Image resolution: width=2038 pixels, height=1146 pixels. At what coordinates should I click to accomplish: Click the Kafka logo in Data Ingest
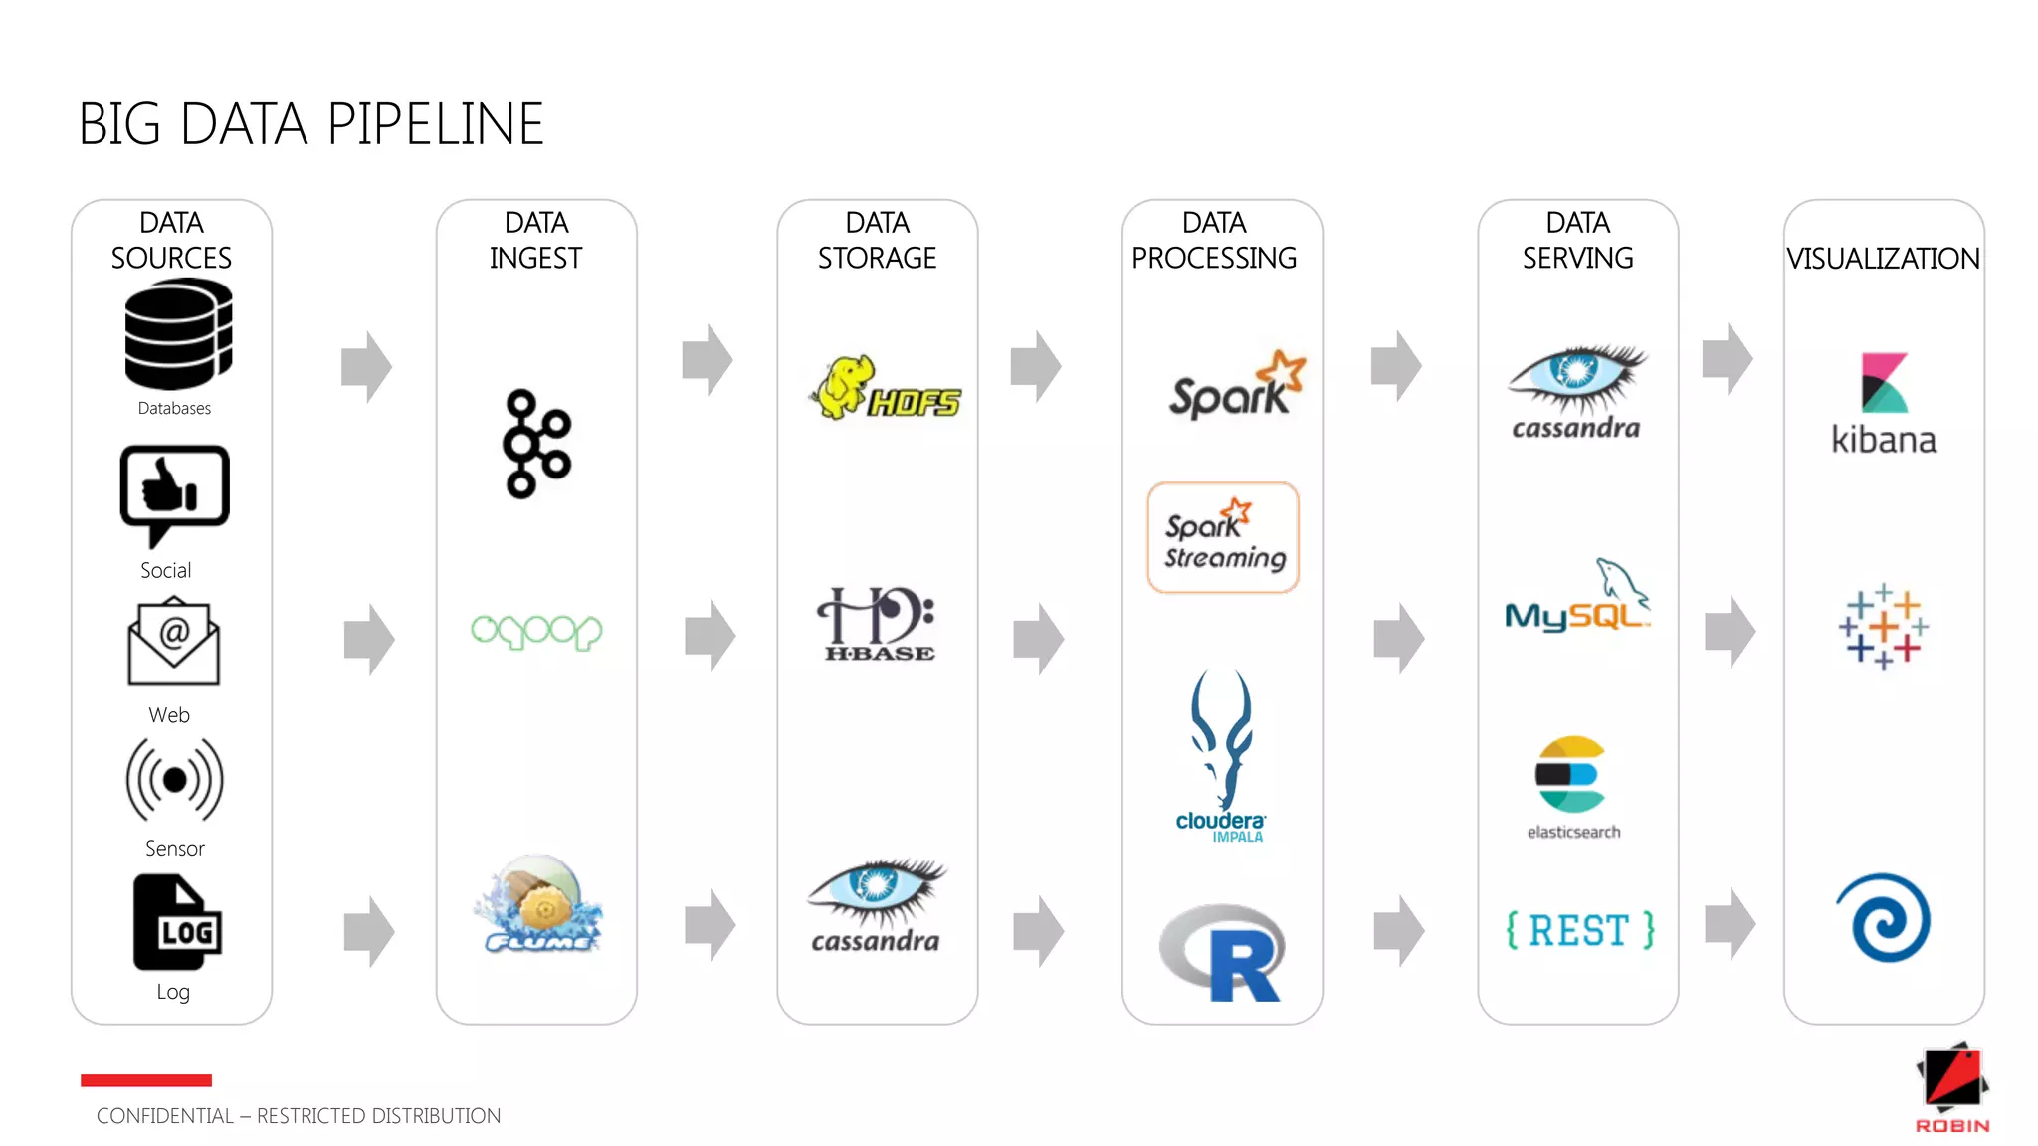[x=536, y=444]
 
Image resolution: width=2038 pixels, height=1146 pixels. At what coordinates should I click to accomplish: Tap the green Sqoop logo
[x=536, y=631]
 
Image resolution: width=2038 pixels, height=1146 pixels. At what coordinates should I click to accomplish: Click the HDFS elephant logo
[x=885, y=389]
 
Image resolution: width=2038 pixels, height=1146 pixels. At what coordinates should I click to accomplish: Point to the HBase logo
[x=877, y=624]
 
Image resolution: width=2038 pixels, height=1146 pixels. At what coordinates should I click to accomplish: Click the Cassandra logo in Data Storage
[x=877, y=905]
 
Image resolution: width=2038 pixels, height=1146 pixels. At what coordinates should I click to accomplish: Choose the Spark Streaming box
[x=1223, y=538]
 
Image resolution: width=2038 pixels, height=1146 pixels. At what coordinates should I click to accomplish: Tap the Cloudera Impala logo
[x=1222, y=756]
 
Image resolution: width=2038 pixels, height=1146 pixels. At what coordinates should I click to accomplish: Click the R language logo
[x=1223, y=952]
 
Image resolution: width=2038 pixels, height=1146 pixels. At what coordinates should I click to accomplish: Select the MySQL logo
[x=1576, y=599]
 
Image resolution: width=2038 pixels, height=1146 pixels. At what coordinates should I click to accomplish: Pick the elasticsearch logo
[x=1571, y=786]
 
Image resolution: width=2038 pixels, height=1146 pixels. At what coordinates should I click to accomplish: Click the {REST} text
[x=1579, y=931]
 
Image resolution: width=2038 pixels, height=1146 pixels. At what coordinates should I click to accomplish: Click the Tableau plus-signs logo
[x=1883, y=627]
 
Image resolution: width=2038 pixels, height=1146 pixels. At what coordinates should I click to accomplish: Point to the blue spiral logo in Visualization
[x=1883, y=917]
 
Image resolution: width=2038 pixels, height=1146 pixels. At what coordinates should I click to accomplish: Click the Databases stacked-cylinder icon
[x=178, y=335]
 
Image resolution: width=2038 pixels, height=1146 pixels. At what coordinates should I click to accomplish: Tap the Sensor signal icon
[x=174, y=779]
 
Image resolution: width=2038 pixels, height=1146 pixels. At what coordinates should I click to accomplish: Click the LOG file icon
[x=177, y=922]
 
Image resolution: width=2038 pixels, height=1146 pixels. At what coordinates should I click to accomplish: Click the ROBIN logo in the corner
[x=1951, y=1088]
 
